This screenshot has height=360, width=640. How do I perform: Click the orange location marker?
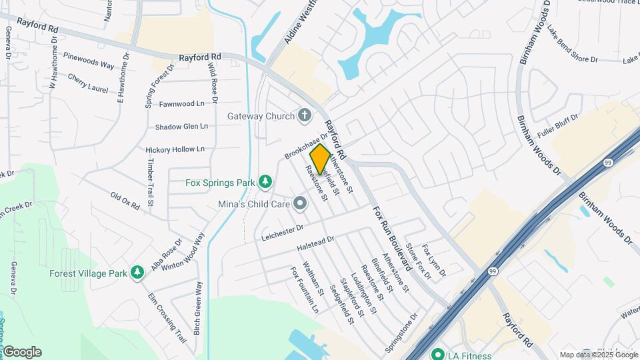pyautogui.click(x=320, y=159)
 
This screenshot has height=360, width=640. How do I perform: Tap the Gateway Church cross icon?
pyautogui.click(x=305, y=116)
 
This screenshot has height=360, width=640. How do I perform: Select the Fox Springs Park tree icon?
pyautogui.click(x=265, y=181)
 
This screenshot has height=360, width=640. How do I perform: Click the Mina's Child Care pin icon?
pyautogui.click(x=299, y=203)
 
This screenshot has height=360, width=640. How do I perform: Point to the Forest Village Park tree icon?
pyautogui.click(x=137, y=272)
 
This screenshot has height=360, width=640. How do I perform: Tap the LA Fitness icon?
pyautogui.click(x=437, y=355)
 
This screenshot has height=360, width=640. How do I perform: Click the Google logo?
pyautogui.click(x=22, y=352)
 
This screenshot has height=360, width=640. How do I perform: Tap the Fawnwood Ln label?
pyautogui.click(x=182, y=104)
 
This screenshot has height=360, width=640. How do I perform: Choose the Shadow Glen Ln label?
pyautogui.click(x=181, y=127)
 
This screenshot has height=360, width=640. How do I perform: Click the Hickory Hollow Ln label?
pyautogui.click(x=175, y=149)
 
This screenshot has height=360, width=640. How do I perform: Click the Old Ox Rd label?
pyautogui.click(x=125, y=201)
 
